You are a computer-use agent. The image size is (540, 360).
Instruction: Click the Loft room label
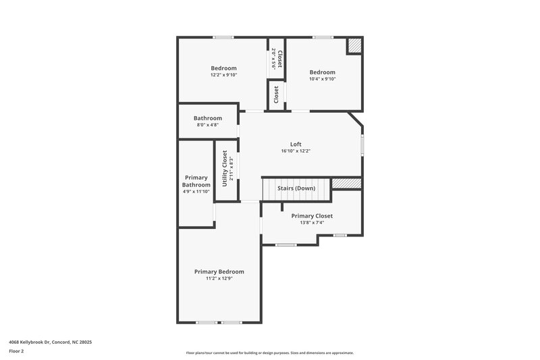(x=296, y=144)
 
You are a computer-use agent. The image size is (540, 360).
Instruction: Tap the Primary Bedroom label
(x=219, y=272)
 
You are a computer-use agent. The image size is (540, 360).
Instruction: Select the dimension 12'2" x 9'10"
(x=223, y=76)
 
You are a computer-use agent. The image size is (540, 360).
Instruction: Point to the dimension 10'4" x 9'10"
(x=322, y=79)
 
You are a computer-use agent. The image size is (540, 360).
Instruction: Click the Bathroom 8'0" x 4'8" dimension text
(x=207, y=124)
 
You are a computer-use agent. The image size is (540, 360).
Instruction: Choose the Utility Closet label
(x=225, y=166)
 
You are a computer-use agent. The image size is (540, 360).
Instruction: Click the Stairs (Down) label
(x=296, y=188)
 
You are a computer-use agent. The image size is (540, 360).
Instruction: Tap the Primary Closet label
(x=312, y=216)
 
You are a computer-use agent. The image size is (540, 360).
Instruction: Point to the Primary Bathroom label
(x=196, y=181)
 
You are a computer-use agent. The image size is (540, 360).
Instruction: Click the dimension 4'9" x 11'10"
(x=196, y=191)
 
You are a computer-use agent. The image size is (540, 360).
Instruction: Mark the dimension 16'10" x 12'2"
(x=296, y=151)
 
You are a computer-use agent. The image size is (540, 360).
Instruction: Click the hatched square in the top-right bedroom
(x=354, y=45)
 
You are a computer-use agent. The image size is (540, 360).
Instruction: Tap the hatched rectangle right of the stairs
(x=347, y=183)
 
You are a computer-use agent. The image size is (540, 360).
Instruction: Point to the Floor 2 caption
(x=16, y=351)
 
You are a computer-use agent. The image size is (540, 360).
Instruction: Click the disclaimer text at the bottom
(x=269, y=353)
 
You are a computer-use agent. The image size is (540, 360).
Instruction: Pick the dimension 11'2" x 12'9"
(x=219, y=278)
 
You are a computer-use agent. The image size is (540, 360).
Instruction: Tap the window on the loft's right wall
(x=362, y=145)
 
